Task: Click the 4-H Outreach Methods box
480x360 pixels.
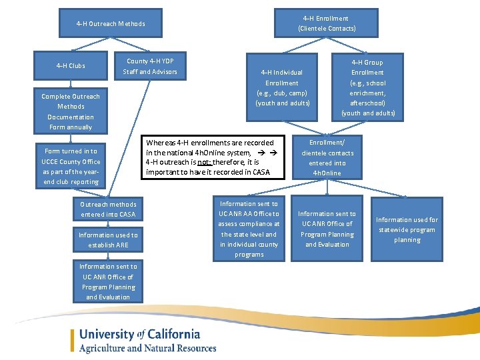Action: click(x=111, y=24)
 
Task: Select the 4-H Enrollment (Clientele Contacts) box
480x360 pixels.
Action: click(x=326, y=23)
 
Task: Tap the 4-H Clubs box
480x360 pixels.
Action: click(x=71, y=66)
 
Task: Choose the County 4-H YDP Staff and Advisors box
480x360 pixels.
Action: click(x=150, y=67)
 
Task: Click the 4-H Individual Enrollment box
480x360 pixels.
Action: click(x=281, y=87)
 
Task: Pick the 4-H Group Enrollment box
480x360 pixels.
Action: click(x=367, y=87)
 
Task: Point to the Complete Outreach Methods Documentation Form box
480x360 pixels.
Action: click(x=71, y=111)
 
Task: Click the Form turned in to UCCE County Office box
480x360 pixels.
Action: click(x=71, y=166)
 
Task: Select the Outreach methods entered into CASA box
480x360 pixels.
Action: click(x=108, y=209)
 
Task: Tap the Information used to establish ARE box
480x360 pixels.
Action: click(x=108, y=240)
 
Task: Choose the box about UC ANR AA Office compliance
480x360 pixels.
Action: click(x=249, y=229)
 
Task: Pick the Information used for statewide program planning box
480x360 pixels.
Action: click(x=407, y=229)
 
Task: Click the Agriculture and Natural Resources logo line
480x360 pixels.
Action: click(x=147, y=348)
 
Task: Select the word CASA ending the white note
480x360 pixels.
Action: click(x=261, y=173)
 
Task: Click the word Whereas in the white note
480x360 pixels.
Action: click(x=161, y=143)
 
